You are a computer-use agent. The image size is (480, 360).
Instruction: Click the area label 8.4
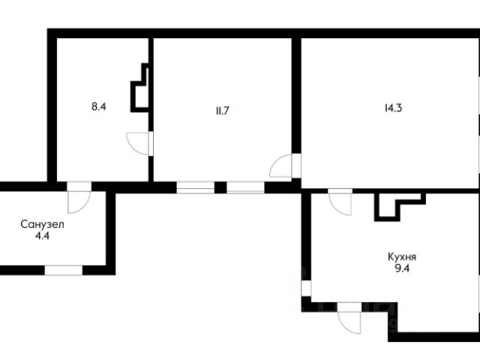point(98,106)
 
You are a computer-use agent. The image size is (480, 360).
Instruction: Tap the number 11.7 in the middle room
point(222,110)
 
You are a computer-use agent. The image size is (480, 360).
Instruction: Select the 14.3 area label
point(393,108)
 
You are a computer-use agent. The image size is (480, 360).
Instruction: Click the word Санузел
point(42,224)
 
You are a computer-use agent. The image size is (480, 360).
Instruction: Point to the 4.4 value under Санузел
point(42,236)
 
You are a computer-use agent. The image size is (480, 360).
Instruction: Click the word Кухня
point(402,256)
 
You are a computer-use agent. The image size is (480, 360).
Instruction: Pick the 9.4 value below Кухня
point(402,268)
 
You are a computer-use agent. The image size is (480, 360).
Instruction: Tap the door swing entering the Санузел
point(79,202)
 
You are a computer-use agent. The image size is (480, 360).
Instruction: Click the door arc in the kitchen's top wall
point(340,204)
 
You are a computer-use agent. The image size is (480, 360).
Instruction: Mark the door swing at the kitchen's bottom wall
point(349,322)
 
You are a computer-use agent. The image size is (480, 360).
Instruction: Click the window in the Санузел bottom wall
point(64,270)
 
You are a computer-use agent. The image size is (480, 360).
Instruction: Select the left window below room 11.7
point(196,187)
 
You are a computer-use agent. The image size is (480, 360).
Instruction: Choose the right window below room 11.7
point(245,187)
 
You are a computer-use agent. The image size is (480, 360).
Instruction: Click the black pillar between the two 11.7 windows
point(220,187)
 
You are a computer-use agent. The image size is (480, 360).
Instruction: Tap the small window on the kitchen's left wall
point(306,288)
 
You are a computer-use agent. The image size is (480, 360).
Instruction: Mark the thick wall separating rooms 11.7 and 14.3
point(296,95)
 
